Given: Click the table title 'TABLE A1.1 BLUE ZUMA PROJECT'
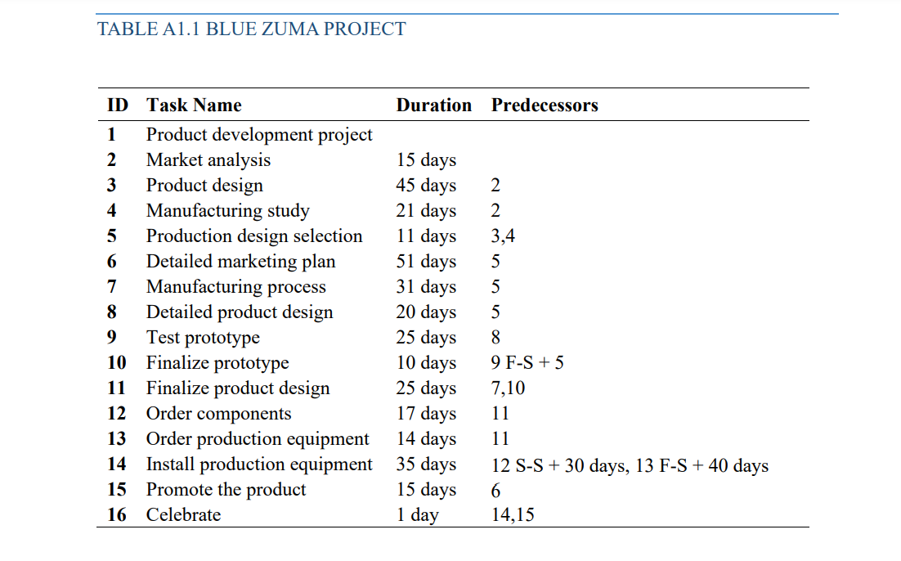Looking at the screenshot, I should click(252, 29).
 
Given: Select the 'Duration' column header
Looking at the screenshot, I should click(433, 105).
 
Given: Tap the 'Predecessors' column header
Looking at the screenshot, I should click(545, 105).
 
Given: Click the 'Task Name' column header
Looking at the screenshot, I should click(194, 105).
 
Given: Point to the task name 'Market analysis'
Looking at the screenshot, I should click(208, 160).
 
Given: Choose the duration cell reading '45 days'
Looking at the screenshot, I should click(426, 186).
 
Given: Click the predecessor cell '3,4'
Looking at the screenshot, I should click(503, 236).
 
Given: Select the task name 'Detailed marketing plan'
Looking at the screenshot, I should click(240, 262).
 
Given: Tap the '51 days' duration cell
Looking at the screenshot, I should click(426, 262).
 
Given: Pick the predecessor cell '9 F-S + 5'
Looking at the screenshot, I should click(527, 362).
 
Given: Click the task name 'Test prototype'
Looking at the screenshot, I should click(203, 338).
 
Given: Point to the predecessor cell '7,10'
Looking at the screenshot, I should click(508, 388).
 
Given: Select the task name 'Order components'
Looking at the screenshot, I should click(218, 414).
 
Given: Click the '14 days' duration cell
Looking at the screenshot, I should click(426, 439).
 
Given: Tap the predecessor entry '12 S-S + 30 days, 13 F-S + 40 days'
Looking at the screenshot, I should click(630, 465).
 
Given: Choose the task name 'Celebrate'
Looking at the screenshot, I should click(183, 515).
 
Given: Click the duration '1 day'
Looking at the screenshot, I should click(417, 515).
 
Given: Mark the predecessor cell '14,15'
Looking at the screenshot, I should click(513, 515).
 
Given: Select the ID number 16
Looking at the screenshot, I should click(117, 515).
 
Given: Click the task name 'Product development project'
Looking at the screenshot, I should click(259, 135).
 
